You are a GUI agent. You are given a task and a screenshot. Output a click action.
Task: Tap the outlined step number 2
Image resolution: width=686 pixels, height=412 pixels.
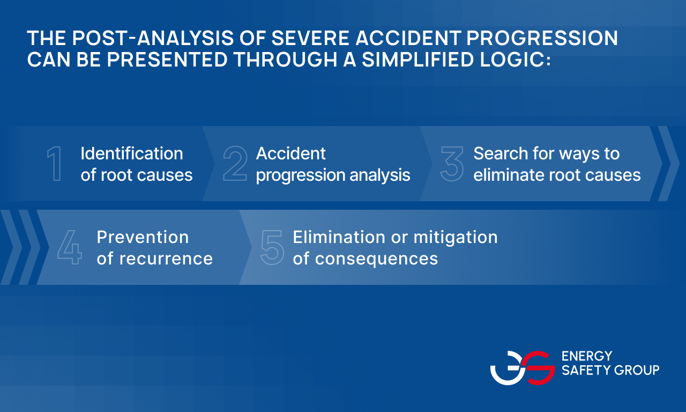(x=235, y=164)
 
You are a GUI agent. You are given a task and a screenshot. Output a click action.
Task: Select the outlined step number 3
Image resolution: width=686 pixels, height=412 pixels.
(x=452, y=164)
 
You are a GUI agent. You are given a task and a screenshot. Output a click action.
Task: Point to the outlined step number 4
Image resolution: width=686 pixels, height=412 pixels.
(x=70, y=247)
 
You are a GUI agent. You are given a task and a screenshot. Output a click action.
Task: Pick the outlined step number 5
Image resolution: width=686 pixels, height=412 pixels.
(x=272, y=247)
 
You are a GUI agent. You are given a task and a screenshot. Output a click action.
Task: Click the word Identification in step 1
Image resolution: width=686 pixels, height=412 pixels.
(x=132, y=153)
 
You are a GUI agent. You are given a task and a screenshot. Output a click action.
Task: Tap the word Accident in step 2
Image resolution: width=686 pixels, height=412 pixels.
(x=290, y=153)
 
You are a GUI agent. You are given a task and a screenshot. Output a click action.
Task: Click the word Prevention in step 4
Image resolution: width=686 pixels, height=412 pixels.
(x=143, y=237)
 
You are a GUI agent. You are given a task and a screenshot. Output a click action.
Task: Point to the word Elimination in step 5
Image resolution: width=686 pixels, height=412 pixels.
(x=339, y=237)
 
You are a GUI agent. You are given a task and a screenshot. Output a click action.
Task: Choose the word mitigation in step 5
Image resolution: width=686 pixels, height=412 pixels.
(x=456, y=238)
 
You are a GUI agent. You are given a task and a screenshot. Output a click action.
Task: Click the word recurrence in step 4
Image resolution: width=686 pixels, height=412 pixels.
(x=166, y=259)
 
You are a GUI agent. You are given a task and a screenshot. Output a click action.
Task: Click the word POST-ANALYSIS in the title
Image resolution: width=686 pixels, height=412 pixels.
(x=153, y=38)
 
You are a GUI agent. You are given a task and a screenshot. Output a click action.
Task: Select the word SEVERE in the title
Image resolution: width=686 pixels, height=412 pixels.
(x=310, y=38)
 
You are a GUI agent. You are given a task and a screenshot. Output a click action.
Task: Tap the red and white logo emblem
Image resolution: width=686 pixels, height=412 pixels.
(x=523, y=368)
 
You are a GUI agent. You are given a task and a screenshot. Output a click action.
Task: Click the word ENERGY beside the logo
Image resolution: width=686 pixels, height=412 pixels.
(x=587, y=356)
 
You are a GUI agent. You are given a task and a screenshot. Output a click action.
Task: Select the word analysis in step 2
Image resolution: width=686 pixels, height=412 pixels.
(x=380, y=175)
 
